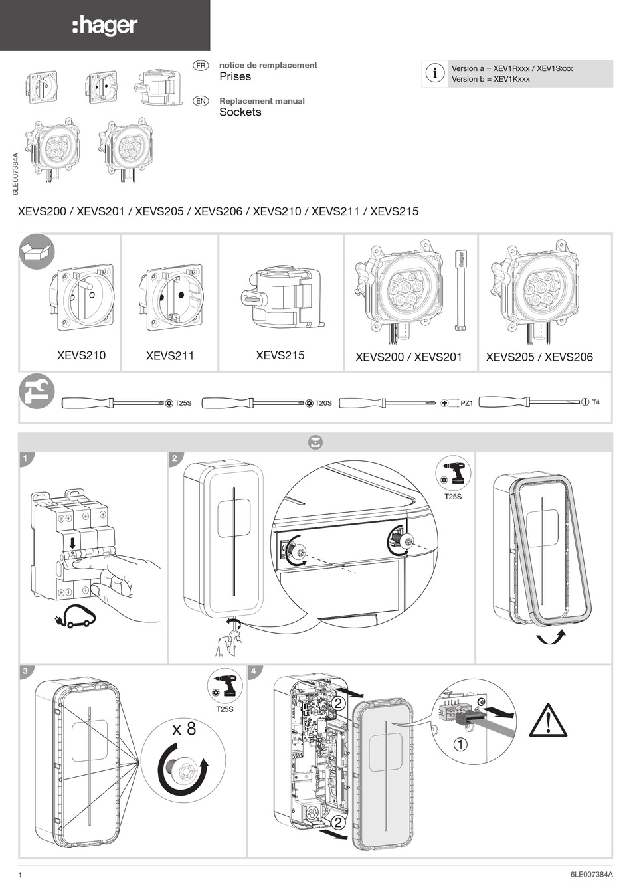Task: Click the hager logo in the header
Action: [105, 26]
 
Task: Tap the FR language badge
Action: [201, 65]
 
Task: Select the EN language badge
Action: [201, 101]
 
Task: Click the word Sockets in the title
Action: [240, 112]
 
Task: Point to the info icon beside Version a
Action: [435, 73]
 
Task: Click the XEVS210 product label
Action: [81, 355]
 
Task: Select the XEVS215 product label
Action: [280, 355]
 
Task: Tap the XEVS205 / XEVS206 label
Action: [539, 357]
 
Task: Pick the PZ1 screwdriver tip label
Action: [466, 403]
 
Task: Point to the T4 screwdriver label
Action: [595, 402]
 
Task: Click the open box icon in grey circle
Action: [36, 252]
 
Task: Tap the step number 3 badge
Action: [25, 671]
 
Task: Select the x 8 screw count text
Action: [184, 729]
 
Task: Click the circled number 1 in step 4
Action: [460, 744]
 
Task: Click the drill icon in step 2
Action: [456, 472]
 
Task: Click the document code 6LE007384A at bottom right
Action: [590, 875]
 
